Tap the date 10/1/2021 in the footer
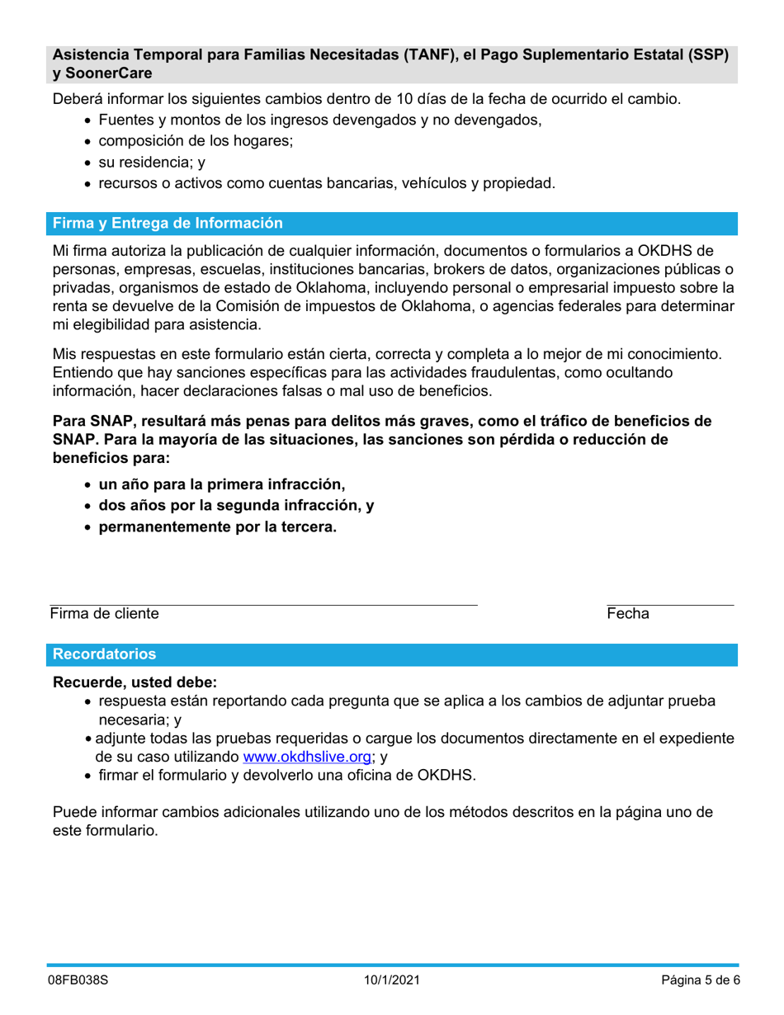(392, 981)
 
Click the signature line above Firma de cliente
(264, 604)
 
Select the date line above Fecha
(670, 604)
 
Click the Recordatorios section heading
(104, 654)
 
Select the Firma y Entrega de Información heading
(168, 223)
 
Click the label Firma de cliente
(104, 615)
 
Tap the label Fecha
(628, 615)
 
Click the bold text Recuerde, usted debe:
(135, 682)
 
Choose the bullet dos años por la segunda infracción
(236, 506)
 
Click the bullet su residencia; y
(151, 163)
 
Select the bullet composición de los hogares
(196, 141)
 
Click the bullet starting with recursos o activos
(327, 183)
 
